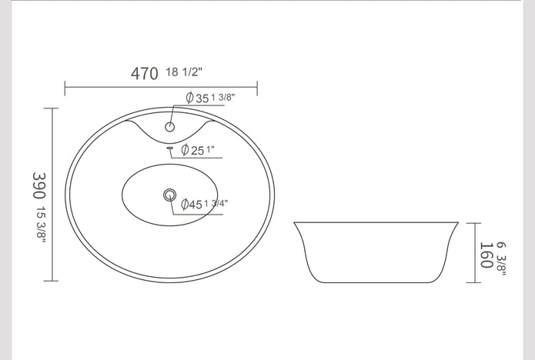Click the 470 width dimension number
[144, 74]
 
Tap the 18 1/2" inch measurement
[184, 72]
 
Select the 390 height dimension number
[39, 185]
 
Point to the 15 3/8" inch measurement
[42, 225]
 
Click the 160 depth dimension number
[487, 255]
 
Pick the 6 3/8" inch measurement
[501, 258]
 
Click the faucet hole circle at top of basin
[169, 127]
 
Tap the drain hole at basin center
[169, 195]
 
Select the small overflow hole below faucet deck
[169, 148]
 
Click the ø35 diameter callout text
[197, 98]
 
